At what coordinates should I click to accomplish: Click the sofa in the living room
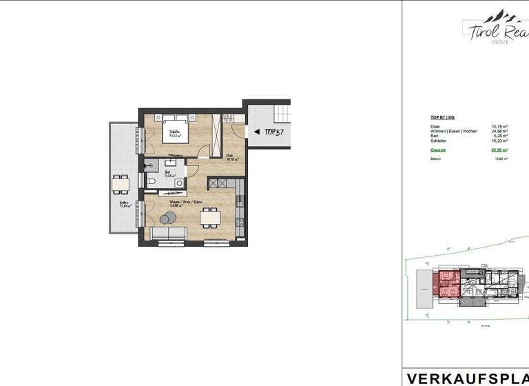pos(168,236)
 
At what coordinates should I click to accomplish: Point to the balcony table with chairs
pos(121,184)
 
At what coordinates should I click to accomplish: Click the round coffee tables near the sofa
pos(167,219)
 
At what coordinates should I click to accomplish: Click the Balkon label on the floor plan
pos(124,203)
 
